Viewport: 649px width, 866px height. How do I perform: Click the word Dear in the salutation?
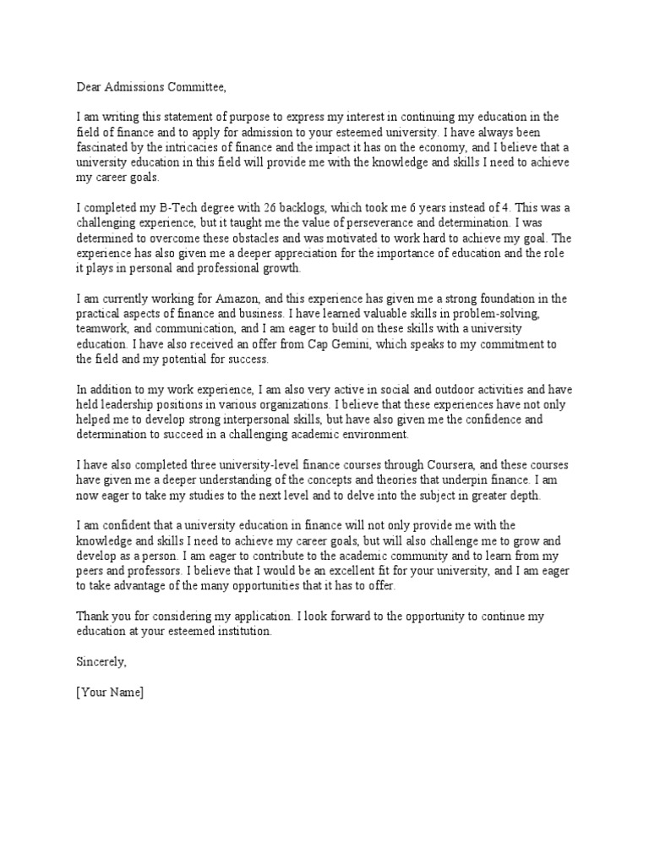(x=90, y=85)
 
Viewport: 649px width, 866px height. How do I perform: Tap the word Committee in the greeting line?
(x=199, y=85)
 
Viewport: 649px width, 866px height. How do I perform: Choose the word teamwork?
(x=101, y=329)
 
